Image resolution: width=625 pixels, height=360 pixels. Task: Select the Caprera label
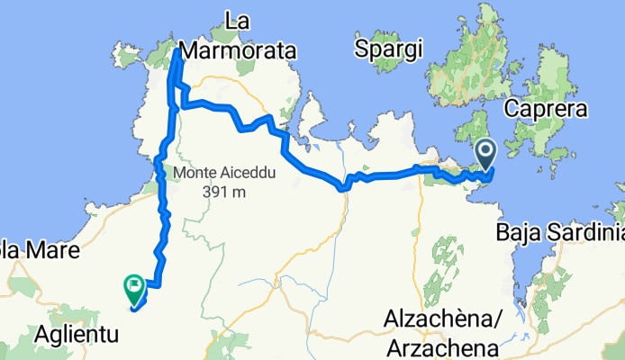(x=547, y=109)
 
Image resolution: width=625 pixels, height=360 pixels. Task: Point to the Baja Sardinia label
(x=559, y=234)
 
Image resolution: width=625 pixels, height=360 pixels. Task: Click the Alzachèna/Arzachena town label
(x=441, y=333)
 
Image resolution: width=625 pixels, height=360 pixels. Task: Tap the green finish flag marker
(x=133, y=288)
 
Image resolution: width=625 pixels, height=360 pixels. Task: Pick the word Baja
(x=515, y=234)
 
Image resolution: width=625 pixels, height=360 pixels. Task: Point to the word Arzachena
(x=441, y=347)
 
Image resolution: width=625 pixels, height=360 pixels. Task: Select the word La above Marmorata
(x=237, y=19)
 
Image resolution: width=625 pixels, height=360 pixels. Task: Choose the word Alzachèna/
(x=441, y=319)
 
